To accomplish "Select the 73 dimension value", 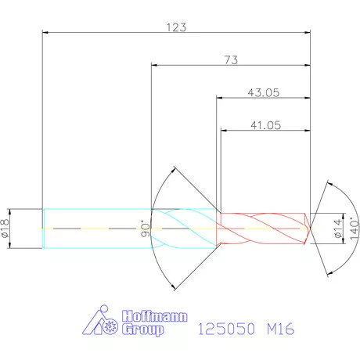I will [231, 59].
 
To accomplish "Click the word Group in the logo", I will [142, 330].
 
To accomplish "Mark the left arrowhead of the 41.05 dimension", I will [225, 130].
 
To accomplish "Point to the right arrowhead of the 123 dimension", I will [307, 33].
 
